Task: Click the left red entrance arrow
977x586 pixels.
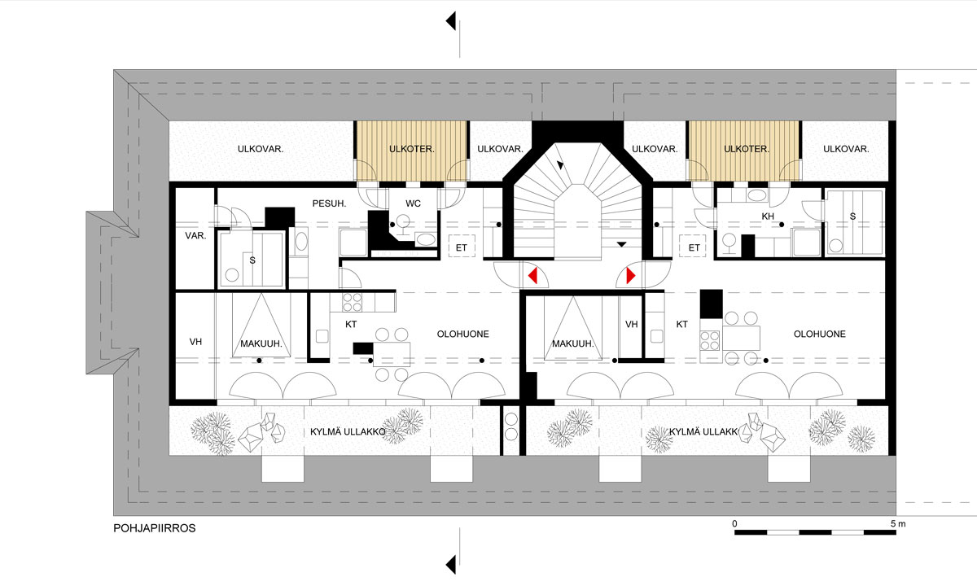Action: tap(533, 276)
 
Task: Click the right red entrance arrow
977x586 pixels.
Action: tap(631, 276)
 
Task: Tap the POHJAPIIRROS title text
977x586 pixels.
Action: tap(155, 528)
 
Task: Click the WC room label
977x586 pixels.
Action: tap(413, 203)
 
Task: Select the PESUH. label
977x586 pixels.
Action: tap(329, 203)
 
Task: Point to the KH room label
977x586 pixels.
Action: tap(768, 216)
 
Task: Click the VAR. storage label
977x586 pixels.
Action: tap(195, 236)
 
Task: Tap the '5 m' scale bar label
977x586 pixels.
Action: tap(898, 523)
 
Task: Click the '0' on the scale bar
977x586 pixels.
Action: tap(734, 523)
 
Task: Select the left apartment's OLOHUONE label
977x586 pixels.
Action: tap(462, 334)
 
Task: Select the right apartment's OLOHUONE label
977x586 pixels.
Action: tap(820, 334)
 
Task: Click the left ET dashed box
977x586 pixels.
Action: tap(462, 247)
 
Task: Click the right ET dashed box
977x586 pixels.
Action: tap(693, 247)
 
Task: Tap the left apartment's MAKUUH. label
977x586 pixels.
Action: tap(261, 343)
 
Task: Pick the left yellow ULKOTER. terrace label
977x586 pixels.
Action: tap(411, 149)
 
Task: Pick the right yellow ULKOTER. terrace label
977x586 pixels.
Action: tap(747, 149)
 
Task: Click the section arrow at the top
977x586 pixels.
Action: tap(451, 21)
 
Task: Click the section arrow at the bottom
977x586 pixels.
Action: tap(451, 565)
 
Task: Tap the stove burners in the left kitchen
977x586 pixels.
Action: tap(352, 302)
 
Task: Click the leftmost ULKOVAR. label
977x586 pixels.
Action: tap(261, 149)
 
